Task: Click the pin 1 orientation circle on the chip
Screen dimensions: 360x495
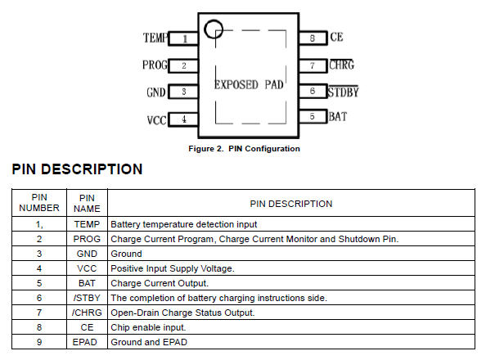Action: click(x=214, y=30)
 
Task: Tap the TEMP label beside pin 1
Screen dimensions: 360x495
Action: click(x=155, y=38)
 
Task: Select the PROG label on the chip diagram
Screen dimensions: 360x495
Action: click(x=155, y=65)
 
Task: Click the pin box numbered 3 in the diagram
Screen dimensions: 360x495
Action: click(x=184, y=92)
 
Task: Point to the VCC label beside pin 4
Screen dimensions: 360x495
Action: click(x=156, y=120)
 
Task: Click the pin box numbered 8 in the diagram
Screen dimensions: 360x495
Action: click(x=313, y=38)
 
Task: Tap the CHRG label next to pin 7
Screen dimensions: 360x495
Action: click(x=341, y=65)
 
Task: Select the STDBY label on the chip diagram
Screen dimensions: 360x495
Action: click(x=343, y=92)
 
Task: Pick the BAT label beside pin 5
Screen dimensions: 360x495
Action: click(x=337, y=117)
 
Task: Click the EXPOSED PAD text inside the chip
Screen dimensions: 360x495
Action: click(x=249, y=84)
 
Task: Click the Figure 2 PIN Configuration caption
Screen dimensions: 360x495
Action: click(x=244, y=149)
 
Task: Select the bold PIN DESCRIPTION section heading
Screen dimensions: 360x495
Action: click(x=77, y=169)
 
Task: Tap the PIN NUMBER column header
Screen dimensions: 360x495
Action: click(x=39, y=203)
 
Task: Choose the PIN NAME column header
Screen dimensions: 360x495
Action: click(x=87, y=203)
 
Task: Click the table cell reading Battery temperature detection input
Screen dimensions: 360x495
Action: click(x=184, y=224)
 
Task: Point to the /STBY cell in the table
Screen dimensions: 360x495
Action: click(x=87, y=298)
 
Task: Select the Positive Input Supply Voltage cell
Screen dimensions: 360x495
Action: click(x=173, y=268)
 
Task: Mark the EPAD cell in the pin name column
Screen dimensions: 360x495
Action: click(x=87, y=342)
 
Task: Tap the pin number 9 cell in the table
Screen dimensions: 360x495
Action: click(x=39, y=342)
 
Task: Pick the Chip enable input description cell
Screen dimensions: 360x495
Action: click(x=145, y=327)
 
